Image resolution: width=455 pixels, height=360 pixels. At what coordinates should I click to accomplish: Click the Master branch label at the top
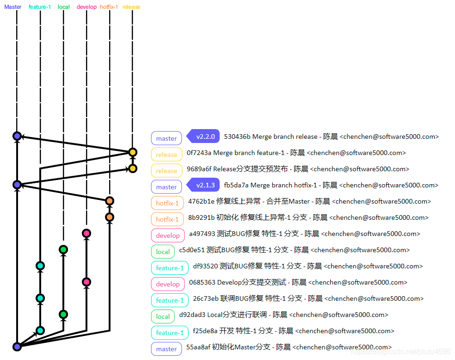13,7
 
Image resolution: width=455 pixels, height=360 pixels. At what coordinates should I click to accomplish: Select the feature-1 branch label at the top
40,7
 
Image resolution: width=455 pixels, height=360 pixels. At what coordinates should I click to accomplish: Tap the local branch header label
64,7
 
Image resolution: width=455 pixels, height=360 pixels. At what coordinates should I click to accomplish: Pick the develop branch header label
86,7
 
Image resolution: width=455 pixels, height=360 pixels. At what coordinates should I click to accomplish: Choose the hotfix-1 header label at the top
109,7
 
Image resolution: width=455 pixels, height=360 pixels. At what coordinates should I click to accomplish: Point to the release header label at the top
131,7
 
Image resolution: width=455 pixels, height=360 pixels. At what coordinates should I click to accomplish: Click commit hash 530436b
237,137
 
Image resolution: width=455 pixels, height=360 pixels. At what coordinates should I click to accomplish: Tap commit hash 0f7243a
199,153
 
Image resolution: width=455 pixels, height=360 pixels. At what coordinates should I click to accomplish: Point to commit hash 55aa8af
198,347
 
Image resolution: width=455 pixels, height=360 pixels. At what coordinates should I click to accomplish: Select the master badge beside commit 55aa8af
166,349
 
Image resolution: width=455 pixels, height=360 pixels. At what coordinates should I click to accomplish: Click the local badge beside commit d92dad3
163,317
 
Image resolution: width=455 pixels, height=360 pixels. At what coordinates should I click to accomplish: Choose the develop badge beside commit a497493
167,236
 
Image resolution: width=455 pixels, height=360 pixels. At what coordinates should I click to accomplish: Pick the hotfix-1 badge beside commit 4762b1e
167,203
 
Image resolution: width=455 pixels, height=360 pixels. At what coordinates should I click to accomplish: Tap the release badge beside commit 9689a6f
166,171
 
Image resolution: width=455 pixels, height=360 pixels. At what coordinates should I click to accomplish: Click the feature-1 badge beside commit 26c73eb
170,300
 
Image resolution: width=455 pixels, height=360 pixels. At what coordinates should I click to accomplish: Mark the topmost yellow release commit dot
133,152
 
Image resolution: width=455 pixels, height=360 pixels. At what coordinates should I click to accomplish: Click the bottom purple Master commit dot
17,347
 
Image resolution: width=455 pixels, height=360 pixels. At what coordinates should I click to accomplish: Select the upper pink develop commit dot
86,233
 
